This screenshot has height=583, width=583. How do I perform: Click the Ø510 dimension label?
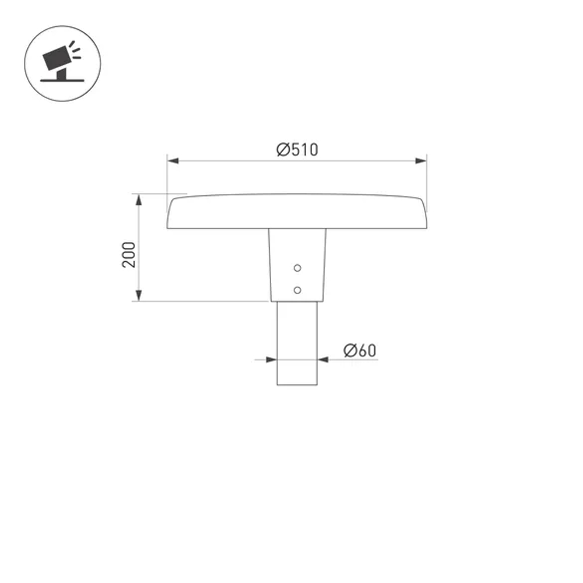[x=297, y=150]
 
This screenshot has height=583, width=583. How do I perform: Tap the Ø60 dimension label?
[x=360, y=350]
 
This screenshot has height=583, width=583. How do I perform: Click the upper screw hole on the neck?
[x=297, y=268]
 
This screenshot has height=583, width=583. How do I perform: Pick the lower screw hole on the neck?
[x=297, y=290]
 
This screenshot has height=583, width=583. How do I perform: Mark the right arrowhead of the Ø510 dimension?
[x=421, y=161]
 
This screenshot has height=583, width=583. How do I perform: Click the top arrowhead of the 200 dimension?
[x=139, y=199]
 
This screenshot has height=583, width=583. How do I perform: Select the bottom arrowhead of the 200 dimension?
[x=139, y=296]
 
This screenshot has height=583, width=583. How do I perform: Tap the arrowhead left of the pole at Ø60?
[x=271, y=360]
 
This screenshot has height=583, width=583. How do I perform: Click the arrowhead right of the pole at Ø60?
[x=324, y=360]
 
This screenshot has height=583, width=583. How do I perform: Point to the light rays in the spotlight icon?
[x=73, y=49]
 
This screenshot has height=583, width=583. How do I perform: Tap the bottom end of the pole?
[x=297, y=384]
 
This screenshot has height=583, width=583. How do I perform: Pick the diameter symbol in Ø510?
[x=283, y=150]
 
